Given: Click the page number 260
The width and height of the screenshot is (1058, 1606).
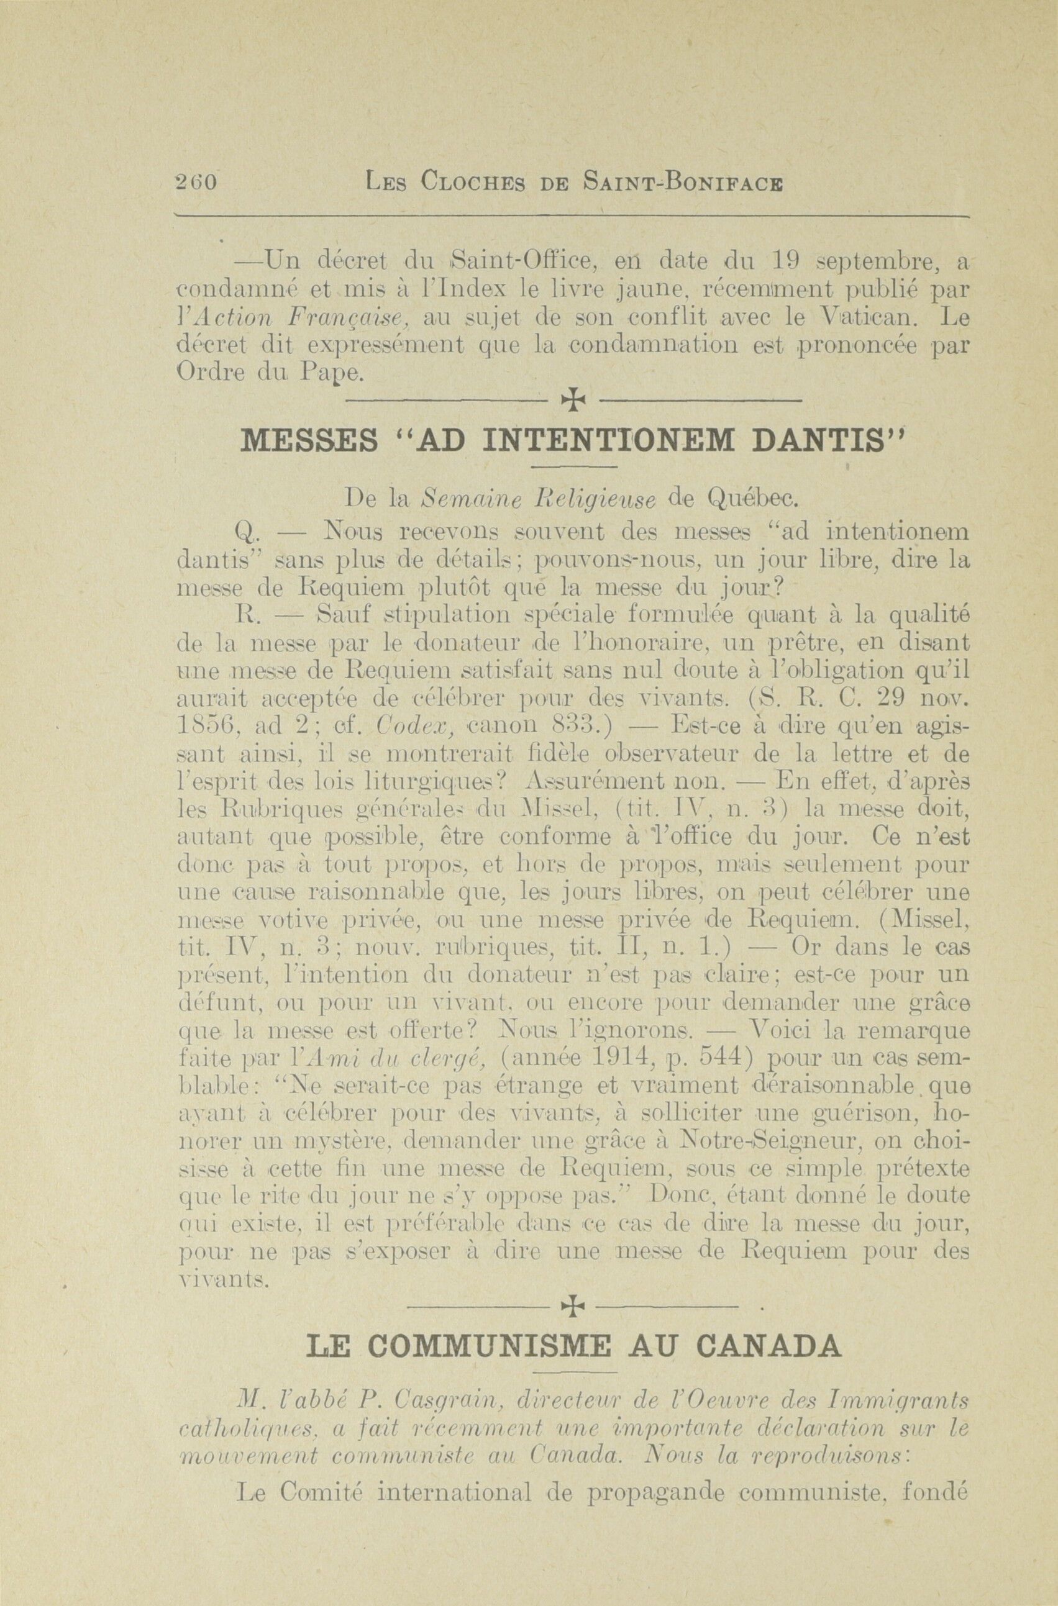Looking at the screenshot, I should (195, 183).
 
